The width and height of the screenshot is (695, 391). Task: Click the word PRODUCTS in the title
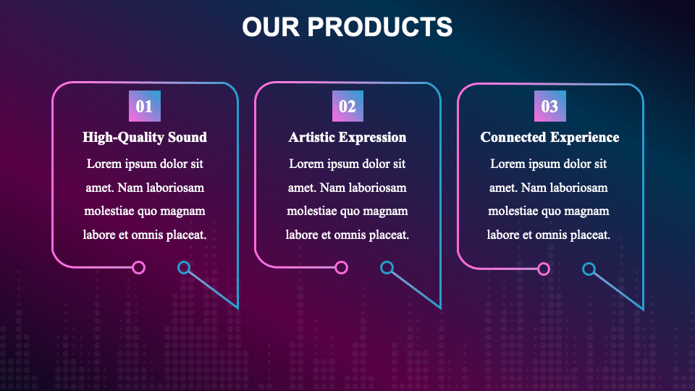click(380, 28)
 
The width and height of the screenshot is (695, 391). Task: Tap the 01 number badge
click(145, 106)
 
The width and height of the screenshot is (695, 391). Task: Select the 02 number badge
click(347, 106)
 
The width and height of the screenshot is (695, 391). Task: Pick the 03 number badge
click(550, 106)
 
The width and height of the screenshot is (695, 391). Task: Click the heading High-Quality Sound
click(145, 137)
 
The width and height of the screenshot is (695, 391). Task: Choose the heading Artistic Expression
click(347, 137)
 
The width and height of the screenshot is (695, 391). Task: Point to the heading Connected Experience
click(550, 137)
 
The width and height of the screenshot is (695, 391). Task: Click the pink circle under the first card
click(139, 268)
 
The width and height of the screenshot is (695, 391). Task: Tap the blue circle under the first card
click(184, 268)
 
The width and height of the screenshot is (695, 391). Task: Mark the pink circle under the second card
click(342, 268)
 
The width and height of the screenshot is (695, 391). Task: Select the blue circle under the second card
click(387, 268)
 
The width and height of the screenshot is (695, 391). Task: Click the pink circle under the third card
click(544, 269)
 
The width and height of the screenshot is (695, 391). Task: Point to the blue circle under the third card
click(589, 269)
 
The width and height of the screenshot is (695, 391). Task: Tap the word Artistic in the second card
click(314, 137)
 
